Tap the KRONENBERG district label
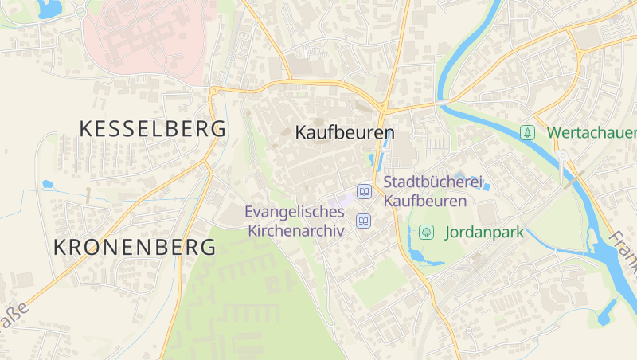coord(135,247)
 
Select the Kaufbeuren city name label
coord(345,132)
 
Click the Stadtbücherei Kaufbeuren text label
coord(434,191)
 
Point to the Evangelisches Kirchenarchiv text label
coord(295,221)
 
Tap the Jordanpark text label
coord(483,233)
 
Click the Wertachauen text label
coord(592,132)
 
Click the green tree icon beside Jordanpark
coord(427,233)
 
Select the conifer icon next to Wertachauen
coord(526,132)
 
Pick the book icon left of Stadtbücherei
coord(364,192)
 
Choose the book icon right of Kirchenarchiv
coord(364,221)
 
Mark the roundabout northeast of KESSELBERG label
coord(213,91)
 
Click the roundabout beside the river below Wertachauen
coord(562,155)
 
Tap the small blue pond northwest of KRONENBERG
coord(47,184)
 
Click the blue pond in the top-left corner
coord(49,9)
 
